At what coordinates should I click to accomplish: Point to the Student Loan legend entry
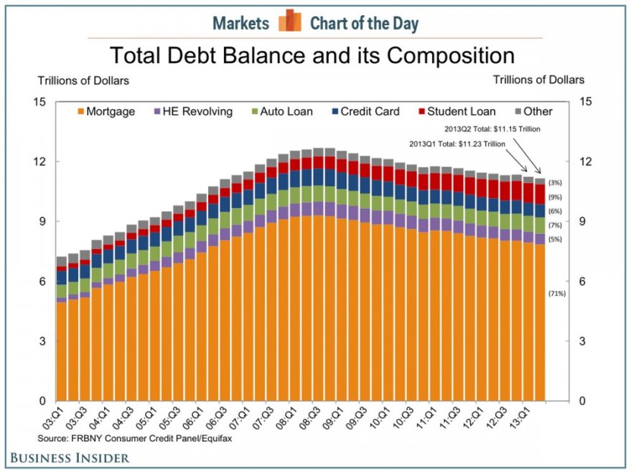(454, 111)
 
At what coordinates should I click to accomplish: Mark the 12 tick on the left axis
(39, 161)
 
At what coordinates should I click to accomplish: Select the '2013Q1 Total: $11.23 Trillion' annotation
(457, 144)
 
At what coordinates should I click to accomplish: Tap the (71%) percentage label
(557, 294)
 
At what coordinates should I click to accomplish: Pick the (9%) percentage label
(555, 197)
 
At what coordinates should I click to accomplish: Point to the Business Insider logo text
(70, 457)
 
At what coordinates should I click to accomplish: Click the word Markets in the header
(240, 23)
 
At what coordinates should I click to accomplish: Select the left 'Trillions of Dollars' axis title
(83, 80)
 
